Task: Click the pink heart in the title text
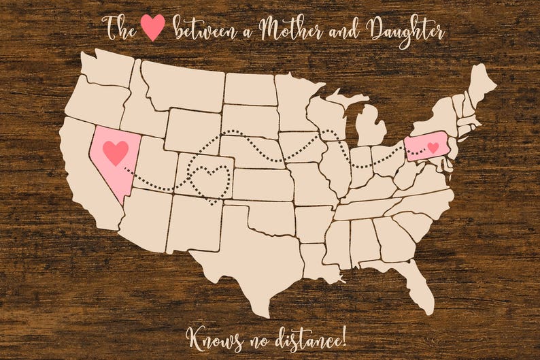(x=152, y=27)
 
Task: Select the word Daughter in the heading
(x=405, y=31)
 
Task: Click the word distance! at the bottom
(x=311, y=334)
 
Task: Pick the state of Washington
(x=109, y=68)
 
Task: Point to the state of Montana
(x=180, y=85)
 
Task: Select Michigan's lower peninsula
(x=371, y=129)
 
